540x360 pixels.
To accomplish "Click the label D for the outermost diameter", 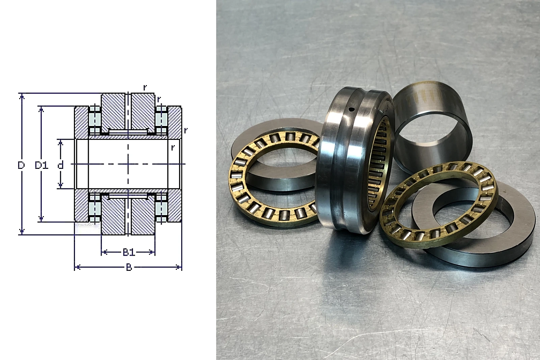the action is [x=21, y=165].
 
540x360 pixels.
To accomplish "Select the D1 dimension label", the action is [x=42, y=165].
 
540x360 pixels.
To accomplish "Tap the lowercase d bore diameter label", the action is [x=60, y=165].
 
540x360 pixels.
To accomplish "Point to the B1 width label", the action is [x=129, y=252].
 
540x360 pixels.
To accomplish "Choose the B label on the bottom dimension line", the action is [x=129, y=267].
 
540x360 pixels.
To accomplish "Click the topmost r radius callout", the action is [x=145, y=87].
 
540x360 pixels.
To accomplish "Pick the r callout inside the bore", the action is [x=172, y=148].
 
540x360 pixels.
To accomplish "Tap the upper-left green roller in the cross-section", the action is [x=94, y=119].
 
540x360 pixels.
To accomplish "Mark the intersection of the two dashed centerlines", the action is [x=128, y=164].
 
